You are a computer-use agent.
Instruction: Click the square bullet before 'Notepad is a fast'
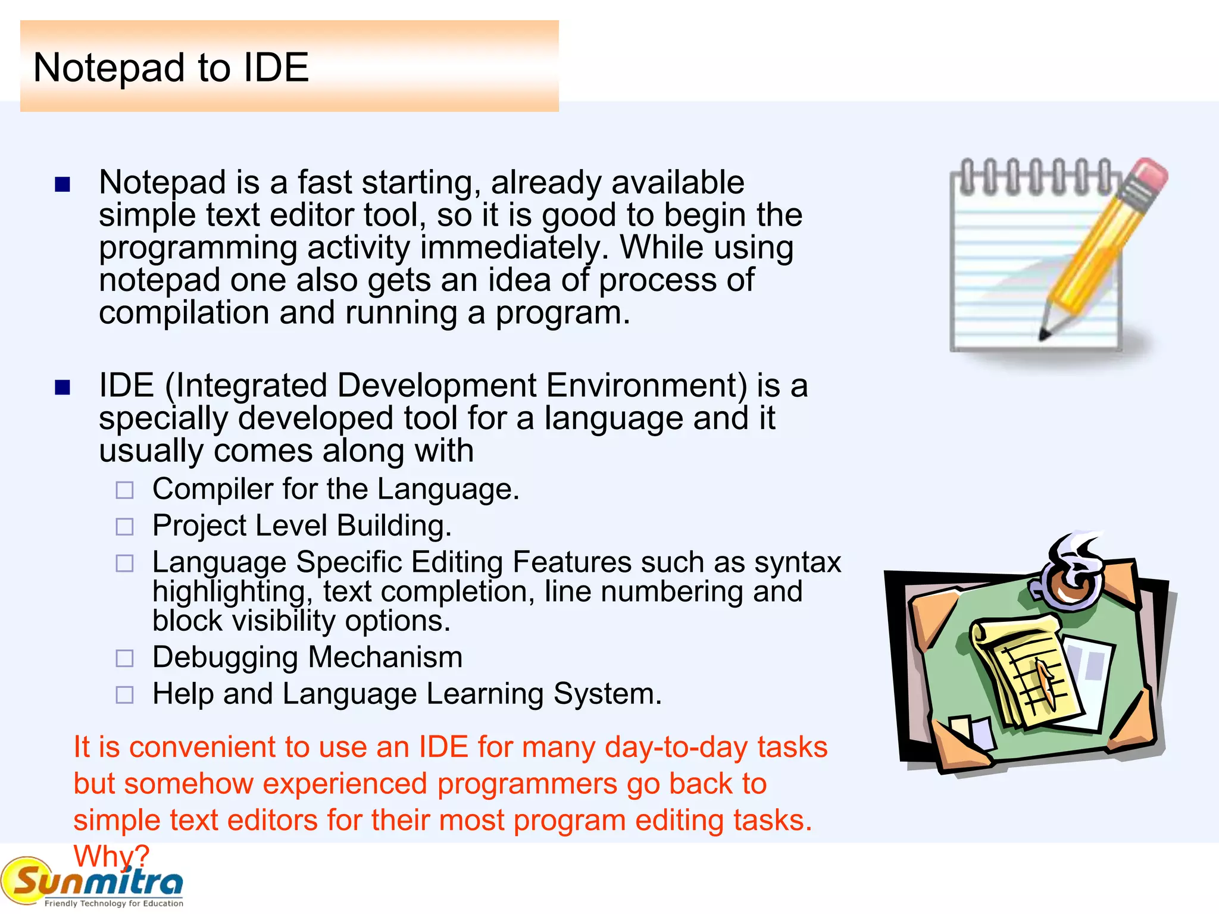click(x=62, y=184)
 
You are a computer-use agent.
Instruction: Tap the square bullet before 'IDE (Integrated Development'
click(x=62, y=388)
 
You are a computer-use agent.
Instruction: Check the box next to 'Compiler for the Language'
click(x=124, y=490)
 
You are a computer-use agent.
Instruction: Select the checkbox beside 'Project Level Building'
click(x=124, y=527)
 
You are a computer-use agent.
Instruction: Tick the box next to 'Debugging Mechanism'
click(x=124, y=658)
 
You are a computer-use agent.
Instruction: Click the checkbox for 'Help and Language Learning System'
click(x=124, y=694)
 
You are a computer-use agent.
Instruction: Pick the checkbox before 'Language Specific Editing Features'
click(x=124, y=563)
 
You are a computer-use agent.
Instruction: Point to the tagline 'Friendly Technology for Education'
click(x=114, y=903)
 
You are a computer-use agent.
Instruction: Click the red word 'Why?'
click(x=111, y=856)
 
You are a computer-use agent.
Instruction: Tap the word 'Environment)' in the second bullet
click(x=646, y=386)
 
